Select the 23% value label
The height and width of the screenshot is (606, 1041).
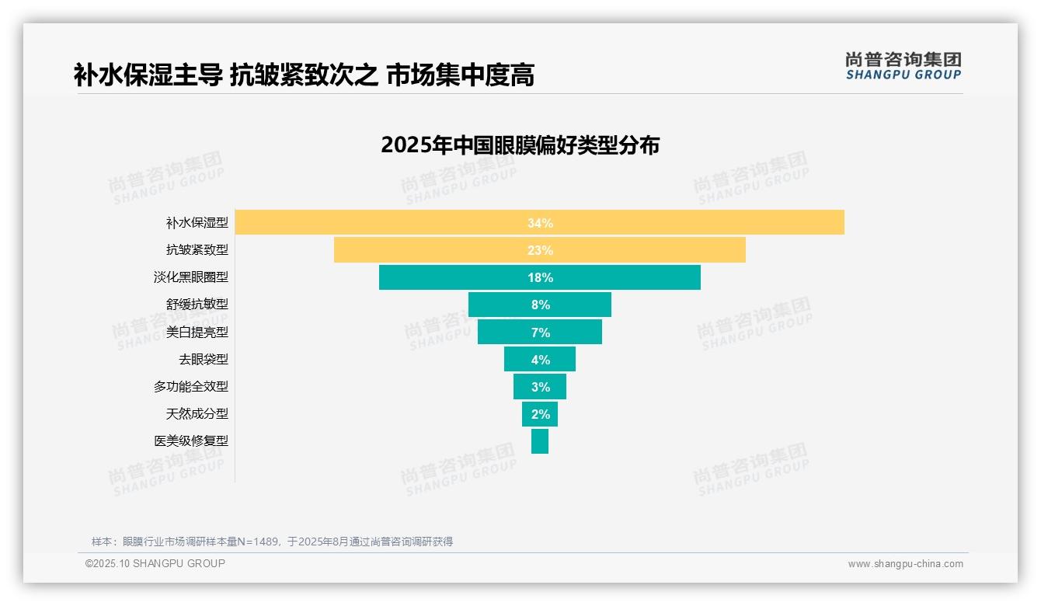540,250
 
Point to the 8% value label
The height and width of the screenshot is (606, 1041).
540,305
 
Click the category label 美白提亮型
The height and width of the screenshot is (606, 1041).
197,332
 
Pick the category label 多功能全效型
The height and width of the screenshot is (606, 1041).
190,386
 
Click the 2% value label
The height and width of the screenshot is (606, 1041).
540,414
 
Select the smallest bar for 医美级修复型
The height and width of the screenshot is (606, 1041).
540,441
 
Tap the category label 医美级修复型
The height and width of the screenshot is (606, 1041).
190,441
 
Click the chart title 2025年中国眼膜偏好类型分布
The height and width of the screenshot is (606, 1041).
520,145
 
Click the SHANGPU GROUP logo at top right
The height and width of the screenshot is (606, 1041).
903,66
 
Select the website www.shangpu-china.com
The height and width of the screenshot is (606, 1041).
905,564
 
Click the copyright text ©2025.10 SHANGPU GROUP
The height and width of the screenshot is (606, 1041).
155,563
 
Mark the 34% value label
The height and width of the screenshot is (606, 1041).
540,223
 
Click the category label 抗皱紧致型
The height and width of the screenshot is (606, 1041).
197,249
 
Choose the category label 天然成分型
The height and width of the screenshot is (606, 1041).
197,413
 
